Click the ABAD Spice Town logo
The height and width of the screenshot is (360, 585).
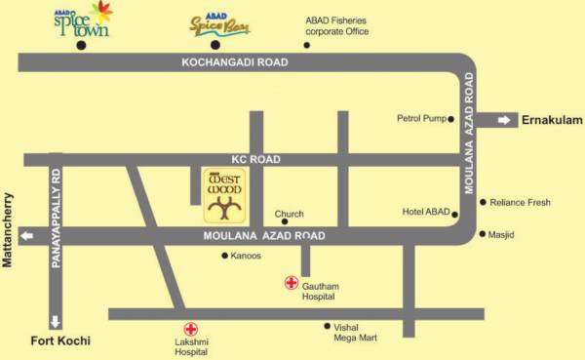82,20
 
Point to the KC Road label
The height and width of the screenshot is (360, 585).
255,159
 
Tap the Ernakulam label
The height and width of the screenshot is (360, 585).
551,120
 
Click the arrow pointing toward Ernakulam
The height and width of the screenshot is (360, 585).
505,120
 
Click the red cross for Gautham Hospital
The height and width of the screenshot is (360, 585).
291,283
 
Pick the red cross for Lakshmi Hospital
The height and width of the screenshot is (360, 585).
191,329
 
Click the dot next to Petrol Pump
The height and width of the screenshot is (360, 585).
451,119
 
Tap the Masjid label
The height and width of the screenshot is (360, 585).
502,235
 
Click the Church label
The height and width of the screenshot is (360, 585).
289,214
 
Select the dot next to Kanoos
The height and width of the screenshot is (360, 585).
224,256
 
